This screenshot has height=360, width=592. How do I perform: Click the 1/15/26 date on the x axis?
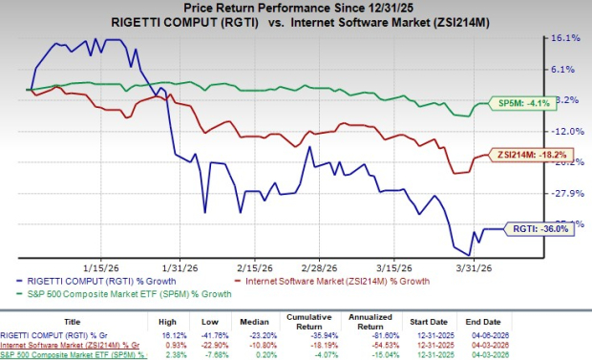pyautogui.click(x=101, y=267)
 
